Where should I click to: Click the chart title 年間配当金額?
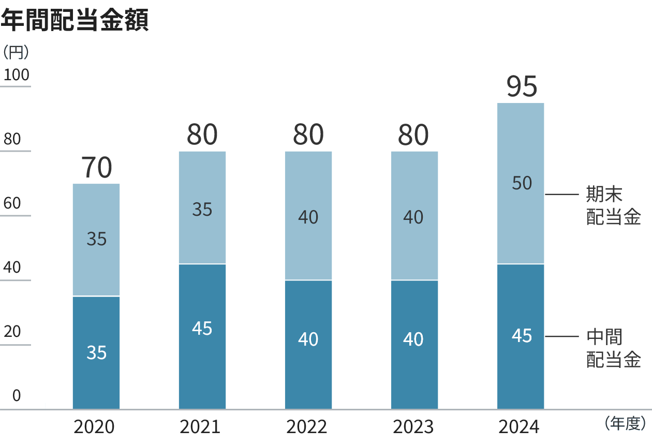[75, 21]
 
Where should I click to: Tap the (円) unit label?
[16, 52]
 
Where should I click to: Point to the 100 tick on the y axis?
[17, 76]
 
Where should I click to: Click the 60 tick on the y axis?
[12, 203]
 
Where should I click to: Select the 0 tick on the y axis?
[17, 396]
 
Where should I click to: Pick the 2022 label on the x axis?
[307, 427]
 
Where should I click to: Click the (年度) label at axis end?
[625, 424]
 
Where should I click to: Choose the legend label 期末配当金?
[613, 205]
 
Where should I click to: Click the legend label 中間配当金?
[613, 348]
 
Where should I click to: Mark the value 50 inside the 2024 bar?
[522, 183]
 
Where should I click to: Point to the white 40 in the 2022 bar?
[308, 339]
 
